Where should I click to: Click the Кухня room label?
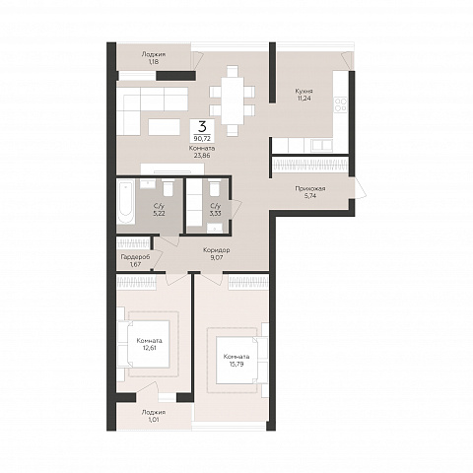click(304, 91)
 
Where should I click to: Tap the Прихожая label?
click(310, 188)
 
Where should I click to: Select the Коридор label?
click(217, 250)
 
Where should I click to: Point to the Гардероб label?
click(135, 257)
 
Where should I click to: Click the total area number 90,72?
click(203, 139)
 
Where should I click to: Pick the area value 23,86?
click(202, 156)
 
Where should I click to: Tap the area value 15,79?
click(236, 364)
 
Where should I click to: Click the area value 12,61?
click(149, 348)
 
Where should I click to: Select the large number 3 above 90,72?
click(203, 126)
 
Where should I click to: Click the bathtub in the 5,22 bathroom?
click(125, 202)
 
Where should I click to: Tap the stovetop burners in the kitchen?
click(341, 104)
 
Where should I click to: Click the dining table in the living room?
click(233, 101)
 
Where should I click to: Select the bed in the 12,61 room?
click(148, 344)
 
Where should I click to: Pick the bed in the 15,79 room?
click(238, 361)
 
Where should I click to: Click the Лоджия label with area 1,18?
click(154, 58)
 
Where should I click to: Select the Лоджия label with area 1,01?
click(154, 416)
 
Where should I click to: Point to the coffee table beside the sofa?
click(164, 127)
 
